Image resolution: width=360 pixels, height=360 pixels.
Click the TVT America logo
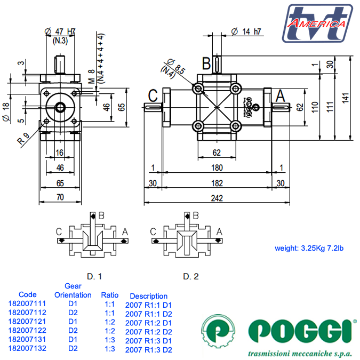pyautogui.click(x=318, y=23)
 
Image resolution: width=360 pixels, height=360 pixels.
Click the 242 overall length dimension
pyautogui.click(x=217, y=198)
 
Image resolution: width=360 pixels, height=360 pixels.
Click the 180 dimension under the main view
pyautogui.click(x=217, y=168)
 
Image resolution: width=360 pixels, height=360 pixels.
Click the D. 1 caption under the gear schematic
pyautogui.click(x=94, y=276)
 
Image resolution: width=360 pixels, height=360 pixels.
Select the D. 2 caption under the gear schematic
pyautogui.click(x=190, y=276)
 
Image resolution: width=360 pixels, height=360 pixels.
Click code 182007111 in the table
pyautogui.click(x=28, y=303)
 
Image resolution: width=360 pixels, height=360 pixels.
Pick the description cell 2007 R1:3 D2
pyautogui.click(x=148, y=350)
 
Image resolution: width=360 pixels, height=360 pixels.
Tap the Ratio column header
pyautogui.click(x=110, y=294)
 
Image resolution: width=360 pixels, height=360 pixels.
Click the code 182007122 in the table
pyautogui.click(x=28, y=331)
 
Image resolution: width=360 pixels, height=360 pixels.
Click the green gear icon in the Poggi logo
pyautogui.click(x=219, y=330)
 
